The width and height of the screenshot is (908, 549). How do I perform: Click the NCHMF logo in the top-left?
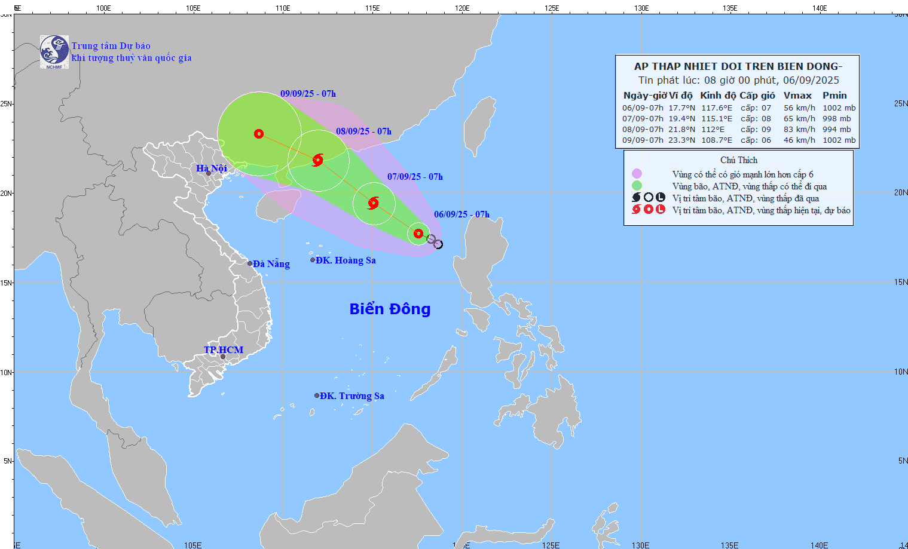54,52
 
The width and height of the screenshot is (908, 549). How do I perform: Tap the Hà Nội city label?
211,168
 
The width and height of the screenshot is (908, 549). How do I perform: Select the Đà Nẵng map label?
271,264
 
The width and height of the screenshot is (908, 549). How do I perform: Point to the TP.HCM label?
224,350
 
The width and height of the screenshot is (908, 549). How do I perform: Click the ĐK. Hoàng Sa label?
346,260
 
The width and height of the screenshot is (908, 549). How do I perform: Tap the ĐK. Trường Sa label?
351,396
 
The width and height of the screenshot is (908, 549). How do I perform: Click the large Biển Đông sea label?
390,309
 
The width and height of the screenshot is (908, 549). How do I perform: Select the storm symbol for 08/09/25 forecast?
318,160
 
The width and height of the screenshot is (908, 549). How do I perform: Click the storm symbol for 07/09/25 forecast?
374,203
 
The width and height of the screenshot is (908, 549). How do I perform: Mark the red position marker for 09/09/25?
258,134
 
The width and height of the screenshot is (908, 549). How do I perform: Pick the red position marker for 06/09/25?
418,234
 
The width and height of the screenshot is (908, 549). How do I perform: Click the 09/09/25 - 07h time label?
308,94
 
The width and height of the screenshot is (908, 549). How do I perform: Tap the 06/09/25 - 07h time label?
461,214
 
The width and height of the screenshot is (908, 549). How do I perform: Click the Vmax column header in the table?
797,96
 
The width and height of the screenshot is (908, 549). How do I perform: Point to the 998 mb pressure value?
836,119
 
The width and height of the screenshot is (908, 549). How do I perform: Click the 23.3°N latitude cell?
681,140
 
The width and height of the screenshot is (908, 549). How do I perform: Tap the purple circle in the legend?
637,174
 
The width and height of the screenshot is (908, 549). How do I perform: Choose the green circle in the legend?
637,186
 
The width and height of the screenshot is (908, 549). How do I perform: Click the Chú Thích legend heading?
738,160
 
